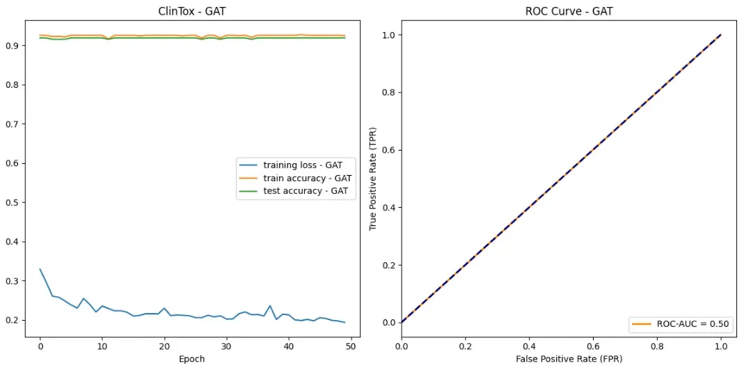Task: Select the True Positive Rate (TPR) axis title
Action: [x=373, y=178]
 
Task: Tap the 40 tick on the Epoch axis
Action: [x=289, y=345]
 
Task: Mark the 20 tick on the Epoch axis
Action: [x=164, y=345]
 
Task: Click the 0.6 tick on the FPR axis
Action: [x=593, y=345]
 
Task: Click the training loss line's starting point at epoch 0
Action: [x=40, y=269]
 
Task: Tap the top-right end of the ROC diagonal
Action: [x=721, y=35]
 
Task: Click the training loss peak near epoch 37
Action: [x=270, y=306]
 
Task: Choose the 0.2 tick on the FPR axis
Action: [x=466, y=345]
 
